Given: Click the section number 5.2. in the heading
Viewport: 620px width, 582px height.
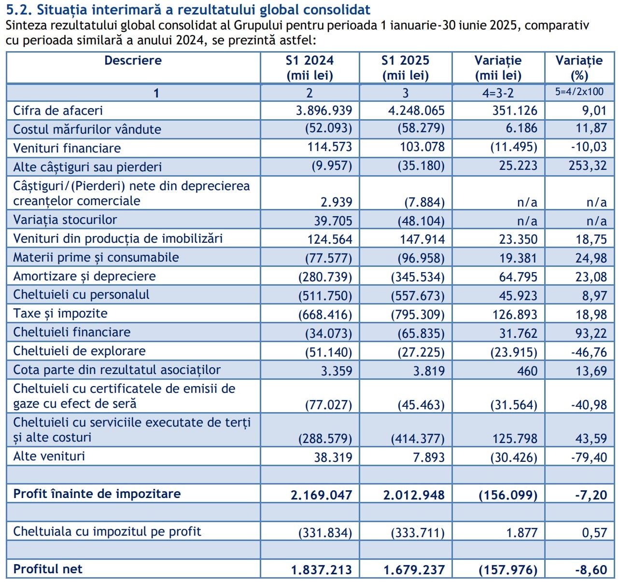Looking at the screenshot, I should pos(19,9).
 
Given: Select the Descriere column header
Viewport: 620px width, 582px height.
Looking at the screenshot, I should pos(133,61).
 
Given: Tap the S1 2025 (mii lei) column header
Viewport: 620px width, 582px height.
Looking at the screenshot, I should pos(405,68).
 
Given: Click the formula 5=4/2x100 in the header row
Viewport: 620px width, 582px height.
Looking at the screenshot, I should pos(579,92).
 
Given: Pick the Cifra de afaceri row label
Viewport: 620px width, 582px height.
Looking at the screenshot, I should pos(58,111).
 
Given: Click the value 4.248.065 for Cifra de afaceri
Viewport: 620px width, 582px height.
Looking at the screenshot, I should pos(416,111).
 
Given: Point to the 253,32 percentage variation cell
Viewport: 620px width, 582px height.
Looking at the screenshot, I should pos(587,166).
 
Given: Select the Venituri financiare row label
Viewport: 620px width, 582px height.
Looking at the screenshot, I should pos(67,148).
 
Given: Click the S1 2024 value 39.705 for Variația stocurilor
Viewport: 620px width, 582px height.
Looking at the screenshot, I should pos(333,221).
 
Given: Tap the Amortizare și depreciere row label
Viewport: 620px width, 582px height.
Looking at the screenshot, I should pos(85,276).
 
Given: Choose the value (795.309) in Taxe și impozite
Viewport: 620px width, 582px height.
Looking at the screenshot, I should pos(418,315).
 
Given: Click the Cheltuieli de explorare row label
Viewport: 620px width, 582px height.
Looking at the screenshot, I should pos(79,351).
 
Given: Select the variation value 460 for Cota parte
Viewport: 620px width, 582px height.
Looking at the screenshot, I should pos(527,371).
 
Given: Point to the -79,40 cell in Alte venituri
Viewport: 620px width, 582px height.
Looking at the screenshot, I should pos(589,457).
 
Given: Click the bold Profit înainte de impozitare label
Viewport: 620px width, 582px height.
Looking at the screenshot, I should pos(97,494).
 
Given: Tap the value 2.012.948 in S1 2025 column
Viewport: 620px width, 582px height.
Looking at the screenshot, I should pos(414,495).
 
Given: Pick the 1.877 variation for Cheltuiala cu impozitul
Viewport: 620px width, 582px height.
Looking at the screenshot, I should pos(521,533).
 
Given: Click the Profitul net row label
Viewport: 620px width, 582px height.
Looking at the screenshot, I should pos(48,569).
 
